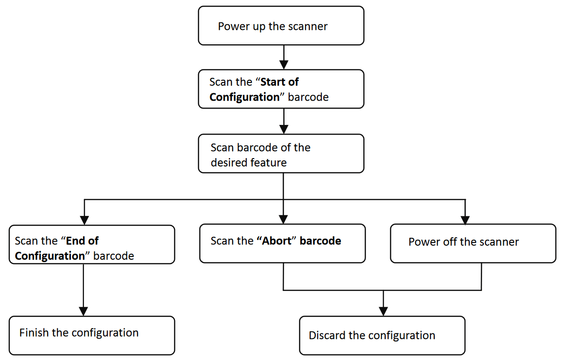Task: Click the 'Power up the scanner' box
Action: (x=281, y=26)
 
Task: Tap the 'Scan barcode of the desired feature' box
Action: (x=281, y=153)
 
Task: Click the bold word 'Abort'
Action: (x=277, y=241)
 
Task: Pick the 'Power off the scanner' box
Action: (x=473, y=243)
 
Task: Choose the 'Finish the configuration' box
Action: (x=92, y=335)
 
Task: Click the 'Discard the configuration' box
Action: (x=382, y=335)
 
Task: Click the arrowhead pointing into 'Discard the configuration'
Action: (x=383, y=312)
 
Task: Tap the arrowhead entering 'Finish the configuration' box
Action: (x=83, y=312)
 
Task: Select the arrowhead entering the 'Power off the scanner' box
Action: (x=465, y=220)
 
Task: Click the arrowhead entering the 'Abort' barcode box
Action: (x=283, y=220)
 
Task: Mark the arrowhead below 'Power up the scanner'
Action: (x=284, y=65)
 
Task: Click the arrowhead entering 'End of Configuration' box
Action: (x=84, y=221)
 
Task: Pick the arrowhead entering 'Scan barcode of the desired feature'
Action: (x=284, y=130)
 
